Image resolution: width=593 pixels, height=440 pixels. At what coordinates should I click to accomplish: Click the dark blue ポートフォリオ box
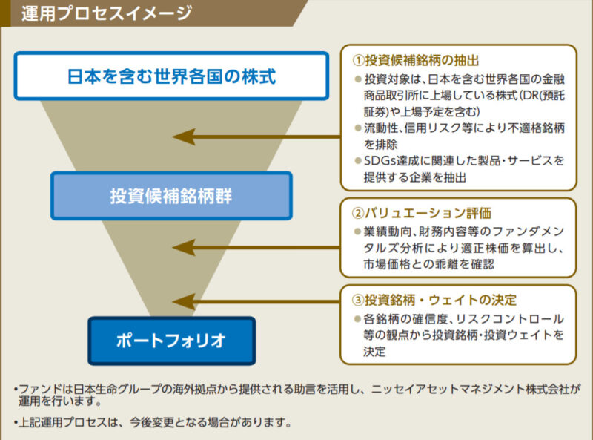[171, 341]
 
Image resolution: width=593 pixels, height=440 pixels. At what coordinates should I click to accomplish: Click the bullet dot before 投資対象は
[357, 79]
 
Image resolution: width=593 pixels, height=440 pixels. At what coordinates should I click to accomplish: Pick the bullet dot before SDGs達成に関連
[357, 160]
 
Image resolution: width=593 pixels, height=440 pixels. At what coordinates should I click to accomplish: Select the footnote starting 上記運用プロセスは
[152, 423]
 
